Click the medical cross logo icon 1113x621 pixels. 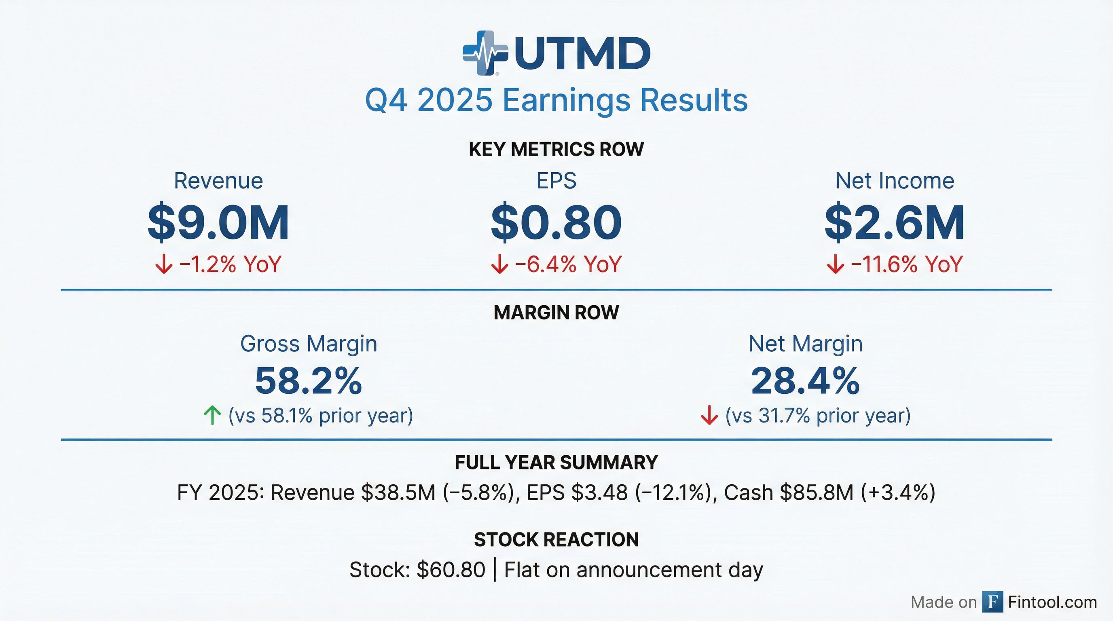point(485,53)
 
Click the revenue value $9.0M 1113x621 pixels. point(218,223)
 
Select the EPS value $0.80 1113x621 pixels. point(556,223)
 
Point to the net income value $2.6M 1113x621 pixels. point(894,223)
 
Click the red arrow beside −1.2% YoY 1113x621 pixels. point(164,264)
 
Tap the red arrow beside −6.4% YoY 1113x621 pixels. point(499,264)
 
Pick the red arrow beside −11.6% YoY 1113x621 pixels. point(835,264)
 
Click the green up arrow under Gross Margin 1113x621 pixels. point(212,416)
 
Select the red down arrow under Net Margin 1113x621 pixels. point(709,416)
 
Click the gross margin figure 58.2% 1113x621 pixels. point(309,381)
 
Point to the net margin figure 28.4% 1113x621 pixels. point(805,381)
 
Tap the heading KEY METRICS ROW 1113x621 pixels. point(556,150)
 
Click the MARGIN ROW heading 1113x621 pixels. point(556,313)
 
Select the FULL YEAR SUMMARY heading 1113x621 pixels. point(556,463)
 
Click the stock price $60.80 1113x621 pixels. point(451,570)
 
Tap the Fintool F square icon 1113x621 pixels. point(992,602)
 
